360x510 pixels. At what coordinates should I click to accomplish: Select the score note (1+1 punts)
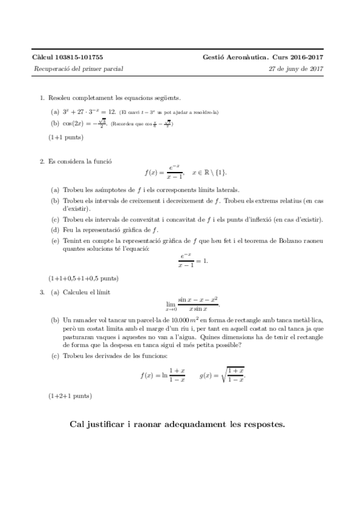(x=66, y=137)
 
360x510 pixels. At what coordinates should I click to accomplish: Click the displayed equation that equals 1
(x=192, y=260)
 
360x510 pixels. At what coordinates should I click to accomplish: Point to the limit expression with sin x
(x=191, y=303)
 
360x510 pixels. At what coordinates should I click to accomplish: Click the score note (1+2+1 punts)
(x=70, y=396)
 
